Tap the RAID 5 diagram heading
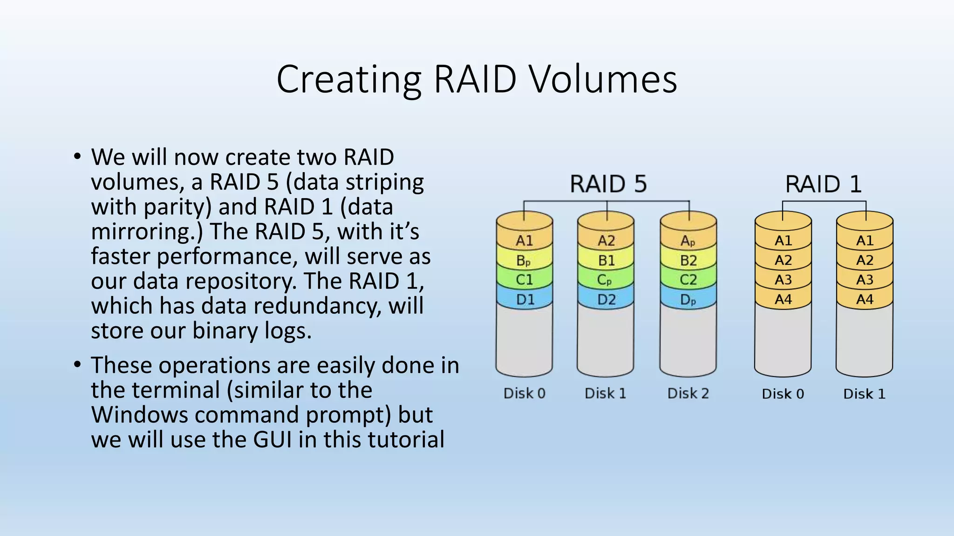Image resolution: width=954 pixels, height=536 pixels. click(608, 184)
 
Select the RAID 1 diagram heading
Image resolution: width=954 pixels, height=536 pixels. click(823, 184)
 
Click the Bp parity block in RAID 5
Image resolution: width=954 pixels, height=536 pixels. click(524, 261)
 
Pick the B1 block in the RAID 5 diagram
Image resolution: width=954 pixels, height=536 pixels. click(606, 261)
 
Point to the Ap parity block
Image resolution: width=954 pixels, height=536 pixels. click(688, 241)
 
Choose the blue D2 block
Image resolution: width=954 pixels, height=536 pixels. click(606, 300)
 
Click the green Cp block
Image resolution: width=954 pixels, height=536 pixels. click(605, 280)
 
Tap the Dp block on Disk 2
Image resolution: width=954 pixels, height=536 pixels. click(688, 300)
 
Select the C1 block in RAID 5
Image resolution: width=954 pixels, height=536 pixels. click(524, 280)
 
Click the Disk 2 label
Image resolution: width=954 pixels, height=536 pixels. click(688, 394)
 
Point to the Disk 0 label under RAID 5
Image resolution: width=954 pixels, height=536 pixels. click(524, 394)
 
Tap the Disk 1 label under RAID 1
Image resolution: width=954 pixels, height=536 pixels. click(864, 394)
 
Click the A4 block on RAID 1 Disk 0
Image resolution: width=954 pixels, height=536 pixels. click(783, 300)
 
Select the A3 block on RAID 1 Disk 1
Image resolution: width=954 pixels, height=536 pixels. click(865, 280)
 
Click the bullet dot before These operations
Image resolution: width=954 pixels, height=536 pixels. click(77, 364)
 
